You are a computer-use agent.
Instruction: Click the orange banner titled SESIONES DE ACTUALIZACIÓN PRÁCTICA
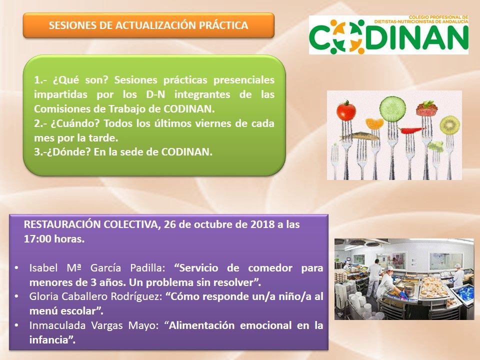tap(148, 25)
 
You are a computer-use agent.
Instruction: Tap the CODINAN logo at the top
tap(388, 34)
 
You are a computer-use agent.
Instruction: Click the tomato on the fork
tap(346, 111)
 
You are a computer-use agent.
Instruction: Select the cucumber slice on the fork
tap(392, 108)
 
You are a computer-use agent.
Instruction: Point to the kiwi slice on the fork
tap(449, 124)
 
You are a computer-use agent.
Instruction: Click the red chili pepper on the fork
tap(411, 130)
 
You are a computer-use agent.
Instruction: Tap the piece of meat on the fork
tap(426, 108)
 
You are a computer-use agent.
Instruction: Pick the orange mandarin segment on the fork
tap(374, 123)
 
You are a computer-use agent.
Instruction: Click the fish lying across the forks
tap(359, 136)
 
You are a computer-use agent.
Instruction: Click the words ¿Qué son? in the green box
tap(81, 80)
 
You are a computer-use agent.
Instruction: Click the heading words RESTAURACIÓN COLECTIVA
tap(91, 224)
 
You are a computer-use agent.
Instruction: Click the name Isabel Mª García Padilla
tap(97, 268)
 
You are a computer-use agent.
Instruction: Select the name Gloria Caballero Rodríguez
tap(95, 296)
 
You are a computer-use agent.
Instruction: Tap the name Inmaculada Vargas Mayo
tap(93, 325)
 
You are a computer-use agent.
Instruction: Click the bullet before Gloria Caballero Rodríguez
tap(16, 296)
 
